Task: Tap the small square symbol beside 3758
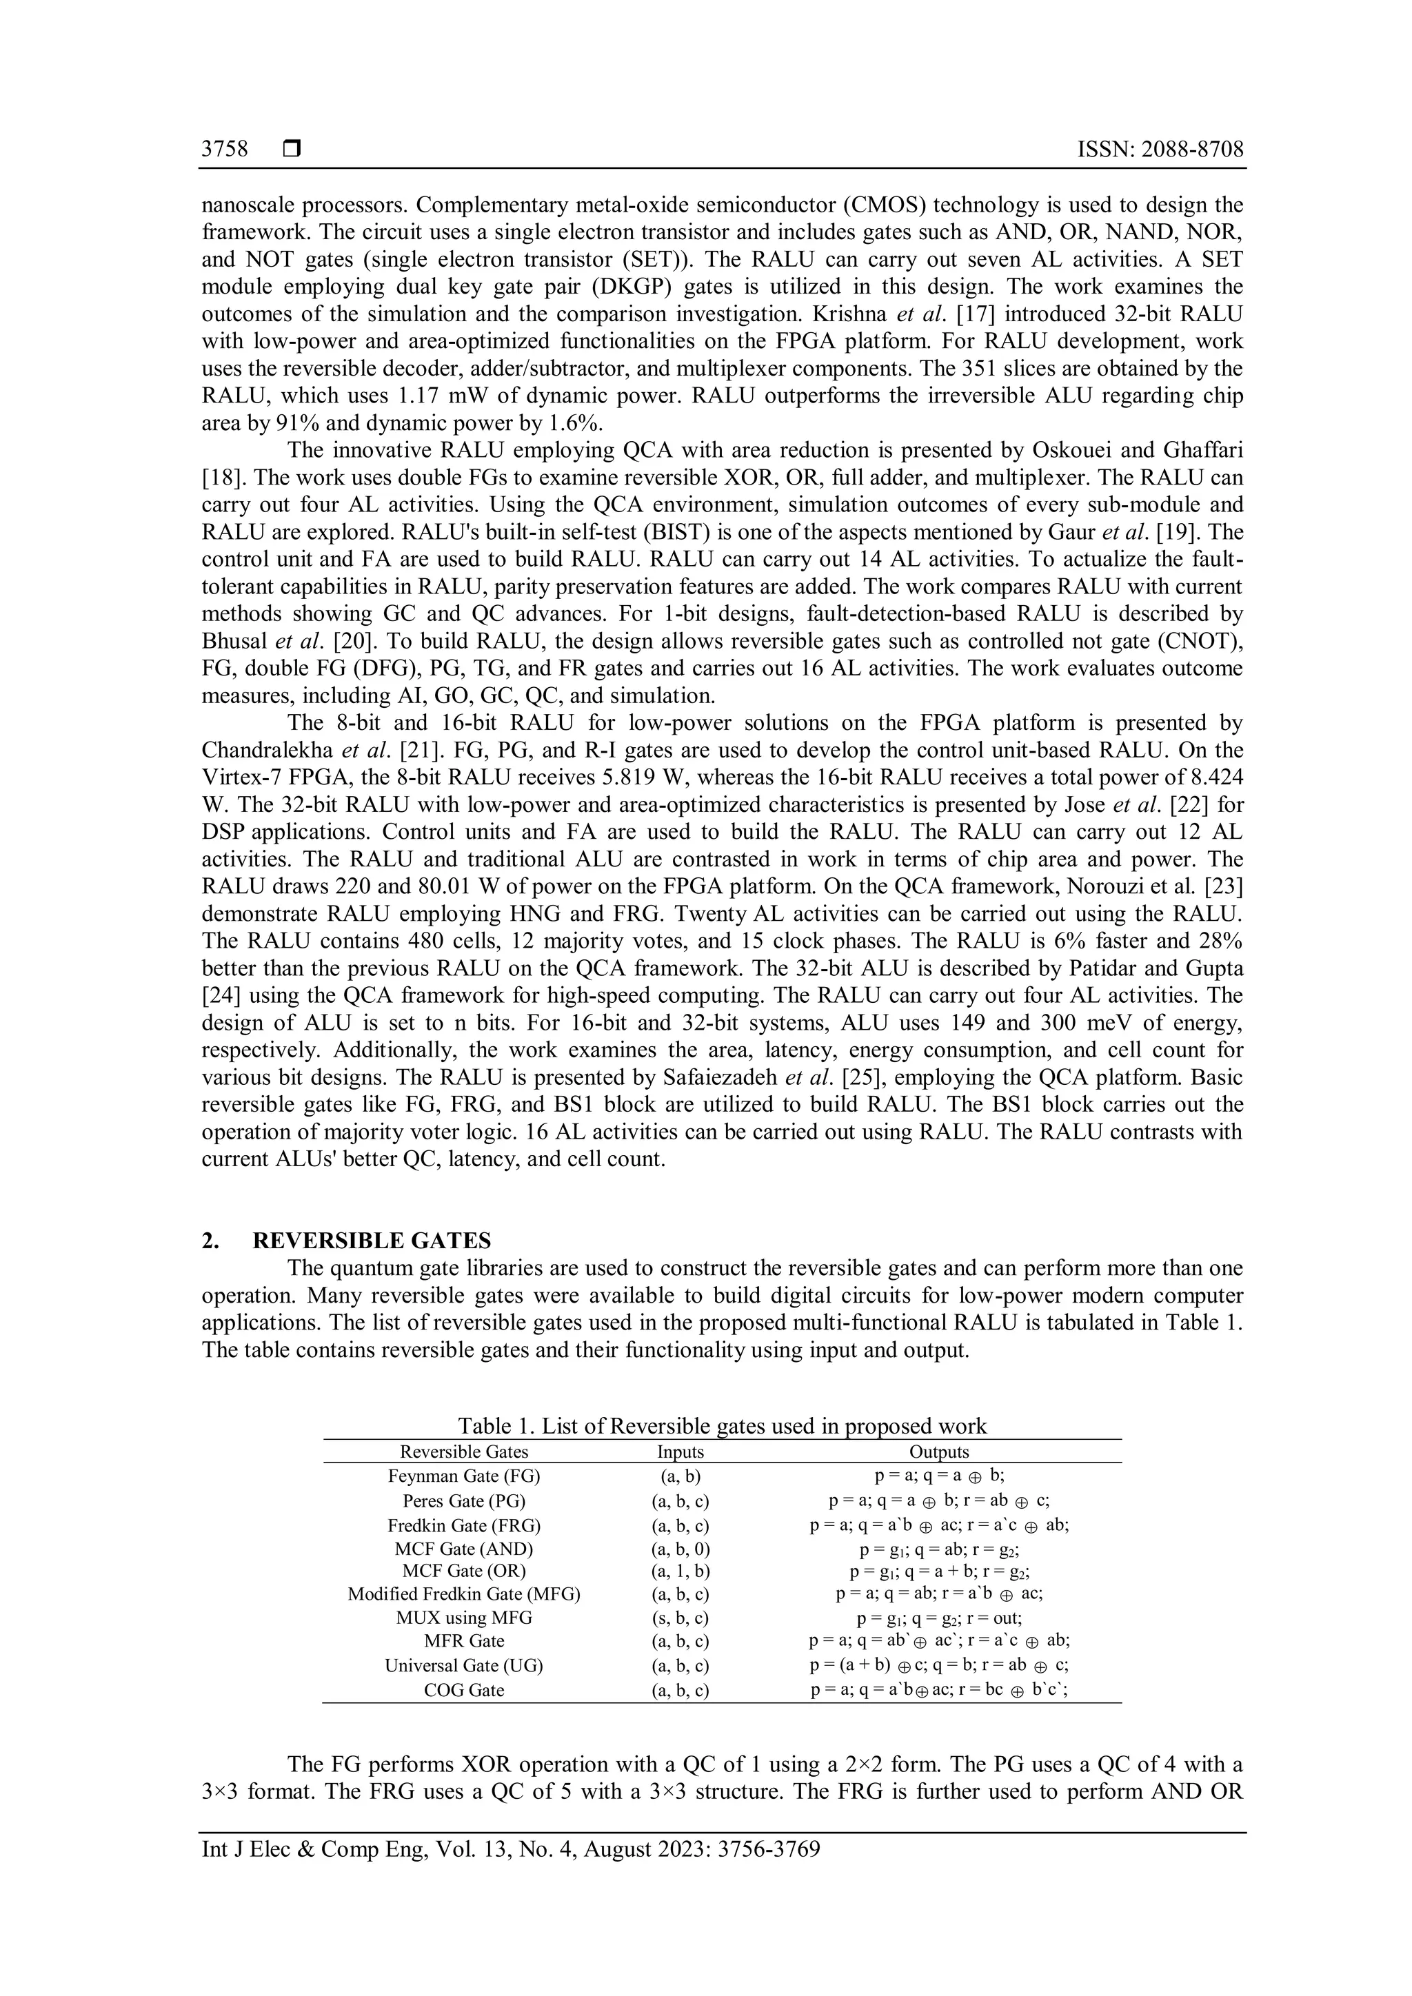[292, 150]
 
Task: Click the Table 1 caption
[722, 1426]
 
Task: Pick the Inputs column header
[680, 1451]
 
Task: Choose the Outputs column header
[939, 1451]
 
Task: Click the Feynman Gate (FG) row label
[463, 1475]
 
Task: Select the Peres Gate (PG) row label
[463, 1500]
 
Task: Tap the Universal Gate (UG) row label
[463, 1664]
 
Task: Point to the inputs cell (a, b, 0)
[680, 1548]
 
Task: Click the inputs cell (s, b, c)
[680, 1618]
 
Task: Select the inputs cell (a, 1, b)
[680, 1571]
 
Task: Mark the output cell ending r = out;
[939, 1618]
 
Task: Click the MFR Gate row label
[463, 1640]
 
